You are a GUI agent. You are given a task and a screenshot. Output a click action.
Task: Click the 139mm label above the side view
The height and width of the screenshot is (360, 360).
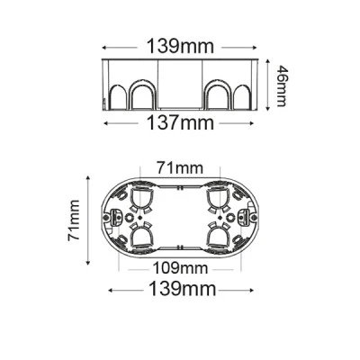[180, 47]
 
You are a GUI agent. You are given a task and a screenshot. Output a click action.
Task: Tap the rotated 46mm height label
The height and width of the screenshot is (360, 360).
[281, 85]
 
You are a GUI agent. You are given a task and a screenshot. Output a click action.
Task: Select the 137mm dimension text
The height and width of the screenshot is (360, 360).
[180, 123]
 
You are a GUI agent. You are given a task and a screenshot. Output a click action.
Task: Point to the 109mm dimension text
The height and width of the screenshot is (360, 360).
[180, 268]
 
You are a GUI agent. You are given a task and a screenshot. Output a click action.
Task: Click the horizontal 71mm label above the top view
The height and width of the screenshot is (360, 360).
[179, 168]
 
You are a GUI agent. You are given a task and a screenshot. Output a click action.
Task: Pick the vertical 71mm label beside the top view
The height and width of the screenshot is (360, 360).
[74, 220]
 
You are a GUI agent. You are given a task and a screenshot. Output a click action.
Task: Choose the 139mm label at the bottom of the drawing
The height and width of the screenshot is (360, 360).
[182, 289]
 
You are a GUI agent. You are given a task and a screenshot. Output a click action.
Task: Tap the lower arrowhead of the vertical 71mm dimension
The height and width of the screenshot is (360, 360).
[88, 263]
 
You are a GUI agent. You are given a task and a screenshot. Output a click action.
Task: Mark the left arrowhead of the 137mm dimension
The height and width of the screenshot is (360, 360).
[106, 123]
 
